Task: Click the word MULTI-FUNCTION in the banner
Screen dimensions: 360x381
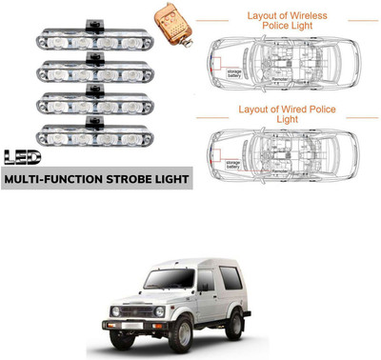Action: (x=50, y=177)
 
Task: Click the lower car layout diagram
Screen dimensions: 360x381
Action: (x=287, y=152)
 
